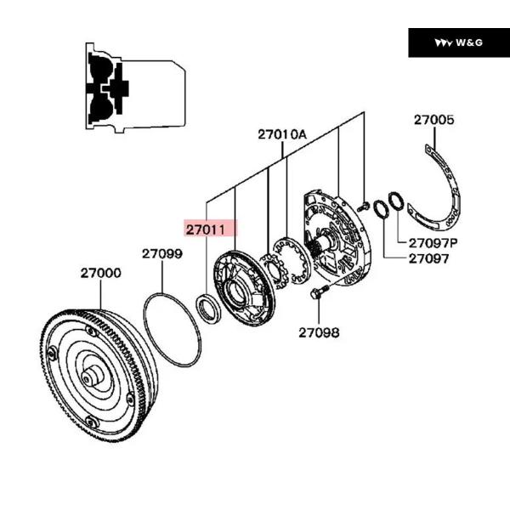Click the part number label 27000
pyautogui.click(x=100, y=274)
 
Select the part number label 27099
pyautogui.click(x=161, y=253)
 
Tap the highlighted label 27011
pyautogui.click(x=209, y=229)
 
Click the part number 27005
pyautogui.click(x=433, y=120)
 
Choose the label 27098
pyautogui.click(x=319, y=332)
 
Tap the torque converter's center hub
pyautogui.click(x=91, y=377)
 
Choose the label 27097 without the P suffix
pyautogui.click(x=428, y=258)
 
